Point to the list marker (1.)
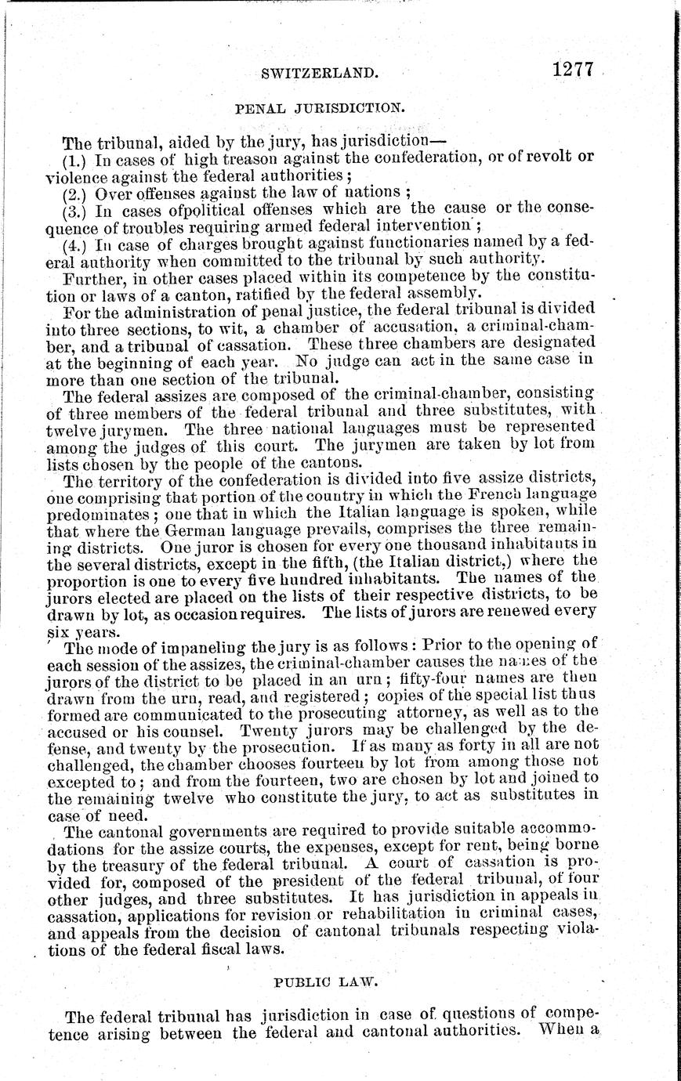pyautogui.click(x=76, y=160)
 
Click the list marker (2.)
pyautogui.click(x=76, y=193)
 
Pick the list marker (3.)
pyautogui.click(x=76, y=210)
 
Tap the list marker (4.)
pyautogui.click(x=76, y=244)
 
